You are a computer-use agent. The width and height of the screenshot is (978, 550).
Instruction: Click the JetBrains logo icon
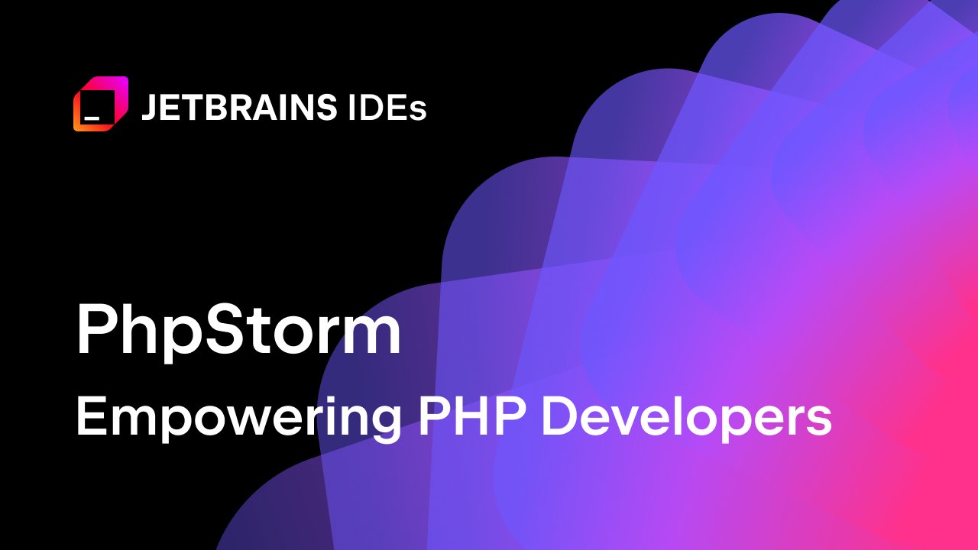(100, 104)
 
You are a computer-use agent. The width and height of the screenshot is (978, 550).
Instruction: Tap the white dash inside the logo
(92, 118)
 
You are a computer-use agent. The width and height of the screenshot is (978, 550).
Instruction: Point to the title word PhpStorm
(238, 332)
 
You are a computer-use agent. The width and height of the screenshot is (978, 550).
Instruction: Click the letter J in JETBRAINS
(149, 108)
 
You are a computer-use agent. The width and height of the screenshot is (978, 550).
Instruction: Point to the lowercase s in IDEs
(418, 112)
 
